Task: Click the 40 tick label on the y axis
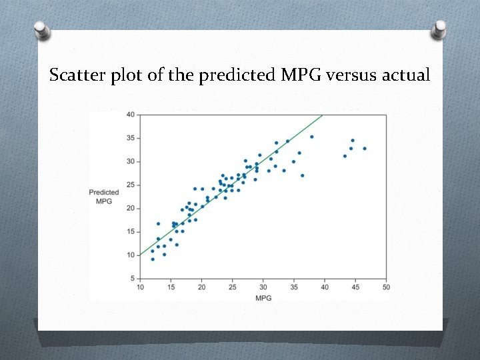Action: click(x=131, y=115)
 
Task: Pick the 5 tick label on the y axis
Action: click(x=132, y=278)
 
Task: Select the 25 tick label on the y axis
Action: click(x=131, y=185)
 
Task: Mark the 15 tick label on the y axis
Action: click(x=131, y=231)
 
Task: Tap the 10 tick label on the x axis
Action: click(x=140, y=287)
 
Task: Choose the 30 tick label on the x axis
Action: click(x=263, y=287)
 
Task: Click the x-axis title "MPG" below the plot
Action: click(x=263, y=297)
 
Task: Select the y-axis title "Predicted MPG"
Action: click(x=103, y=197)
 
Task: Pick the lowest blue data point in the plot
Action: click(x=153, y=259)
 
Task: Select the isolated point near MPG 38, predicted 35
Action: click(x=311, y=137)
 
